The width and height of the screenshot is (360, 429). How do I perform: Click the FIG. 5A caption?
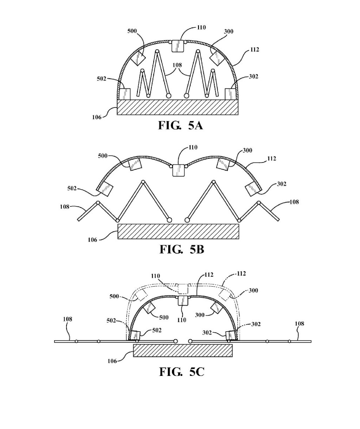click(180, 125)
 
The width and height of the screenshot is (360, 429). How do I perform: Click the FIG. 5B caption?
click(182, 249)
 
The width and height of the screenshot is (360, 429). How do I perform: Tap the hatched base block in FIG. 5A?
click(178, 107)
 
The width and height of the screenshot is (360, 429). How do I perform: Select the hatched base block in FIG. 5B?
click(178, 231)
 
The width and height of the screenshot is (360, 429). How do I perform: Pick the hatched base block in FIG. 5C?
click(183, 351)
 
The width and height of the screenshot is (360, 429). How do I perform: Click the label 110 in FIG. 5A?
click(201, 27)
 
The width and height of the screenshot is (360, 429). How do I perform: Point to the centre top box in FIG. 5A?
click(178, 46)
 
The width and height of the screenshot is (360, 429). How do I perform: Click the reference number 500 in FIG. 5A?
click(132, 31)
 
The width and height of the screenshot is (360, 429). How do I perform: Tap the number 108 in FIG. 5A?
click(177, 65)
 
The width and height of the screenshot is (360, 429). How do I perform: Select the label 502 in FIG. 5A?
click(102, 79)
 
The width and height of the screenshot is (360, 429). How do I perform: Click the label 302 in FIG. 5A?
click(253, 76)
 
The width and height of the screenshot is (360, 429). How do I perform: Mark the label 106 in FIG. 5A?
click(97, 117)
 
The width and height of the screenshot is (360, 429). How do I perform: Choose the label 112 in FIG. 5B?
click(272, 159)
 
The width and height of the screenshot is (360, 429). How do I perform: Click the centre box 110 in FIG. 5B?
click(178, 170)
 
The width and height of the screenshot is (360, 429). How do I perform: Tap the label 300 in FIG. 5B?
click(247, 151)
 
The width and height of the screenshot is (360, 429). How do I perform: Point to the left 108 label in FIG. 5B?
click(65, 207)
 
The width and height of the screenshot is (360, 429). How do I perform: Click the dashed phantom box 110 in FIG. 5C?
click(183, 289)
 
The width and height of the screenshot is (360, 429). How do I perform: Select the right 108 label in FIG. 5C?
click(300, 324)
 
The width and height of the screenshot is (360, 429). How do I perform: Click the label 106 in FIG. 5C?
click(112, 361)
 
